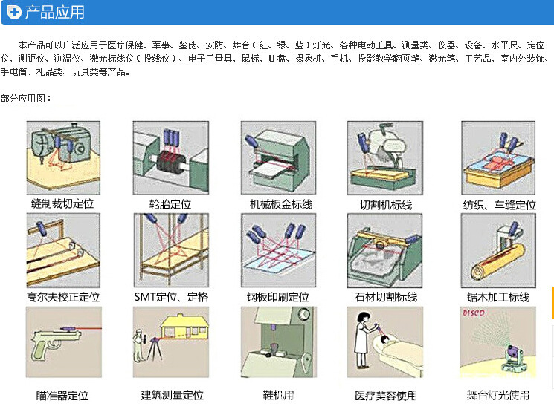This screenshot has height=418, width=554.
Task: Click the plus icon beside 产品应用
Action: (13, 13)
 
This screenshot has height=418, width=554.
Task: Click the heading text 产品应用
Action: (54, 13)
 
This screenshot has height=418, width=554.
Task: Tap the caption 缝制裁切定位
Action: (63, 203)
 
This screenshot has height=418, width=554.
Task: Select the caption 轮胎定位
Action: (170, 203)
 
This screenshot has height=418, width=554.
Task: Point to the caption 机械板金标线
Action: (281, 203)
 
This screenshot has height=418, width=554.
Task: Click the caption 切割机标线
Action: (386, 204)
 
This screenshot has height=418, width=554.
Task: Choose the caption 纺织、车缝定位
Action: (499, 204)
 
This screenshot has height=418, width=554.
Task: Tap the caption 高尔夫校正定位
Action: (63, 297)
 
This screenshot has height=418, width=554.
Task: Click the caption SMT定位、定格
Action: (172, 297)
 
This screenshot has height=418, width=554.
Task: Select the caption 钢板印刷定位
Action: (278, 297)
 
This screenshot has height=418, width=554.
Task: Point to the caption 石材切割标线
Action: (387, 297)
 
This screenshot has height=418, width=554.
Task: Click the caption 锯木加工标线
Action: (498, 297)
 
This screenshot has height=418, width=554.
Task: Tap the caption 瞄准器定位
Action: (62, 396)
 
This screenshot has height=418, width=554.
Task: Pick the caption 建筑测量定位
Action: (173, 396)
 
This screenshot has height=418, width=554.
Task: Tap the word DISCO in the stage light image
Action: (474, 315)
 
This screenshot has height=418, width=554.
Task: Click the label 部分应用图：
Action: (26, 98)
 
